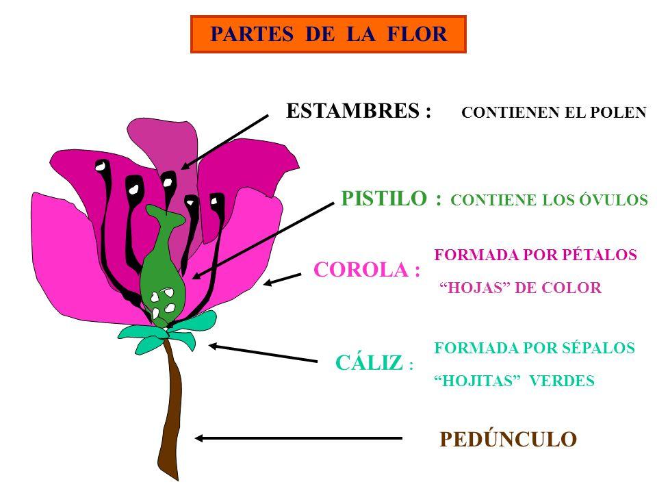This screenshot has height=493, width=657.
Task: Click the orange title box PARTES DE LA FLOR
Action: tap(328, 34)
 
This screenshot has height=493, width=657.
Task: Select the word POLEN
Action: tap(620, 114)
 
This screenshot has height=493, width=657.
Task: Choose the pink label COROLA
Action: tap(365, 270)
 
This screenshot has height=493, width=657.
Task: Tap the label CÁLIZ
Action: tap(370, 364)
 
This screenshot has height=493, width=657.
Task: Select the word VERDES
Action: tap(569, 381)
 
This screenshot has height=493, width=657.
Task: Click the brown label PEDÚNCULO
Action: tap(507, 440)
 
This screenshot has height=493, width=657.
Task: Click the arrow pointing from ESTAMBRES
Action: tap(224, 142)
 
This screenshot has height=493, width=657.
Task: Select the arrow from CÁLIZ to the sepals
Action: tap(263, 353)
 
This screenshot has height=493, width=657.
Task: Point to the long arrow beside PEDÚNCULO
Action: tap(298, 438)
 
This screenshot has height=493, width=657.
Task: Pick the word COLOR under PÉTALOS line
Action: tap(576, 288)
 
